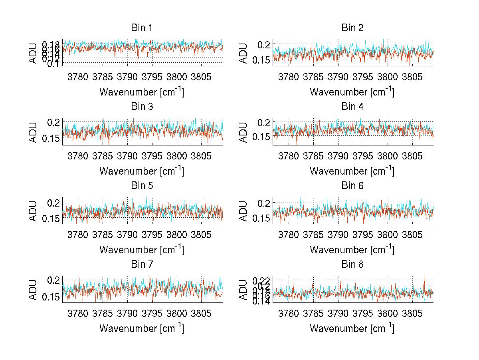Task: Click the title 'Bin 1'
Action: coord(142,28)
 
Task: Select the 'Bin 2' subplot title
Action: coord(352,28)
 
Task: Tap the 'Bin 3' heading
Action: coord(142,107)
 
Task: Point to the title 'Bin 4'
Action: coord(352,107)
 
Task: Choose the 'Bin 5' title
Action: coord(142,186)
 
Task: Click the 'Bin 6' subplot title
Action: coord(352,186)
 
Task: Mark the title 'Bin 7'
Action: coord(142,265)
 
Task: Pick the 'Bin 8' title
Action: coord(352,265)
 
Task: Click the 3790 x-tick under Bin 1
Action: coord(127,76)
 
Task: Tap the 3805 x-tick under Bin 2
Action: coord(412,76)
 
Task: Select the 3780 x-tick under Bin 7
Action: coord(78,313)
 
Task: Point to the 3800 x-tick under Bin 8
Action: coord(387,313)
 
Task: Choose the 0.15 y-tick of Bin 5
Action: coord(51,218)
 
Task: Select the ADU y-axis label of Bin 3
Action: coord(33,132)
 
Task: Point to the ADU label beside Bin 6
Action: coord(243,211)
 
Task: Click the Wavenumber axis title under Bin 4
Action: coord(352,171)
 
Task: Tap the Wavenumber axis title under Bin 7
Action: coord(142,328)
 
